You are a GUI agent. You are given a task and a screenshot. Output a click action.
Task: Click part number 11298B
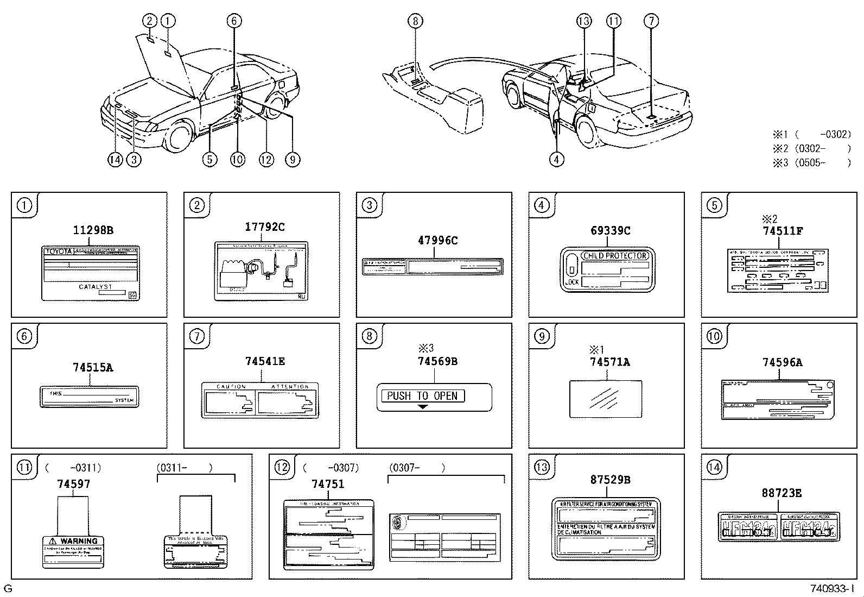click(x=93, y=230)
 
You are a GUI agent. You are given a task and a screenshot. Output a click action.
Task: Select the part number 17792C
click(x=264, y=227)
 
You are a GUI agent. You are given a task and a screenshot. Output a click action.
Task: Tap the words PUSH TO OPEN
click(x=422, y=396)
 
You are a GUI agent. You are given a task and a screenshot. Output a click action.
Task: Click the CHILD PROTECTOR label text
click(x=615, y=256)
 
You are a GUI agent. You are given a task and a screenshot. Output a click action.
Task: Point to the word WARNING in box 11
click(x=79, y=541)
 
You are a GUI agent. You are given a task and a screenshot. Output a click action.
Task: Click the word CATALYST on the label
click(x=96, y=287)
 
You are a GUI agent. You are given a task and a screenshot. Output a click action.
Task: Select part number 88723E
click(x=782, y=493)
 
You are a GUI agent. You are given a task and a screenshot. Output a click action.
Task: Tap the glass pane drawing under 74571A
click(x=606, y=399)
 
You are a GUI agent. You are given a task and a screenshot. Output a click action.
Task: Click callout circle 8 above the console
click(x=415, y=21)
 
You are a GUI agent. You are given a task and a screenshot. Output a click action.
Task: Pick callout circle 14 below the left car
click(x=115, y=160)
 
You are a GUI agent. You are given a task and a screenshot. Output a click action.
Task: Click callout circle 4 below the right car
click(x=556, y=159)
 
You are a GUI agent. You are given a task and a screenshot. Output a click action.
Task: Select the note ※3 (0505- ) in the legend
click(x=811, y=162)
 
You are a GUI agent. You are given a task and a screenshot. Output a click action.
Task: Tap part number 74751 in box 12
click(x=328, y=484)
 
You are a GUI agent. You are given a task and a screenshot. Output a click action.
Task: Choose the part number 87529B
click(x=610, y=480)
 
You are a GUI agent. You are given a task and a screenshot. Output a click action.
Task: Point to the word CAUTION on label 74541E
click(x=231, y=387)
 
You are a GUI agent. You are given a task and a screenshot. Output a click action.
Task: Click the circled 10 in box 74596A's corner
click(x=714, y=336)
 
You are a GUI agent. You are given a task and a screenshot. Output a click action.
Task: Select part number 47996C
click(x=437, y=241)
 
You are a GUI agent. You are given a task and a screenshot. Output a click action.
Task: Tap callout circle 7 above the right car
click(x=651, y=21)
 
